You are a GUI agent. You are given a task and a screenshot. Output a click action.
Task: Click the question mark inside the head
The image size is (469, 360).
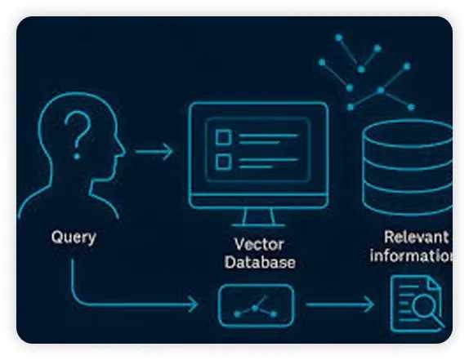click(x=78, y=133)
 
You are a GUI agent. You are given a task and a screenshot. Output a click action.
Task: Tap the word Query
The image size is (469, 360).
click(x=73, y=238)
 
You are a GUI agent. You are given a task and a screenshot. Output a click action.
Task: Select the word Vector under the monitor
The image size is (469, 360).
click(x=259, y=244)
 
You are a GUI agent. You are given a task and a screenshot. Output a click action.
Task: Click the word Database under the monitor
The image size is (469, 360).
click(x=260, y=262)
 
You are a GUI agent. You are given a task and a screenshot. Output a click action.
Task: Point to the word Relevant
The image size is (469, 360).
click(x=416, y=238)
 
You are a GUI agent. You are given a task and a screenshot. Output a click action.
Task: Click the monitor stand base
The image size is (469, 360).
click(x=258, y=223)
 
